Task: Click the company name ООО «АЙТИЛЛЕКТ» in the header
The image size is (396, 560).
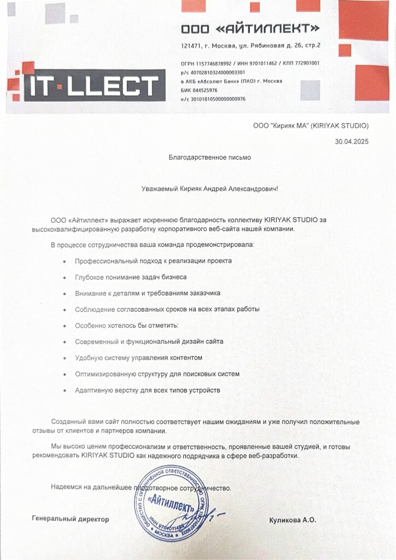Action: coord(250,28)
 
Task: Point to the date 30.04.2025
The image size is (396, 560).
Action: coord(352,142)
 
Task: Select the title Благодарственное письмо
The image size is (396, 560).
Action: coord(209,157)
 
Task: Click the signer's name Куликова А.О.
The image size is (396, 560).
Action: coord(293,520)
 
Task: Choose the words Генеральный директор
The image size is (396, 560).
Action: coord(71,519)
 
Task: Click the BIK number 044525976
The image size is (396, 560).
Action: coord(206,90)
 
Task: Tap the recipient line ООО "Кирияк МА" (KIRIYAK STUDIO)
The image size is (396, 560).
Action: coord(311,125)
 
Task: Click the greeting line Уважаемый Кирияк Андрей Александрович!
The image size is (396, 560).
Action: coord(209,189)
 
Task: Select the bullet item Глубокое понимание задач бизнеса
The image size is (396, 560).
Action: coord(131,277)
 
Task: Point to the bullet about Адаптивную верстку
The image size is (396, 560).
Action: coord(148,390)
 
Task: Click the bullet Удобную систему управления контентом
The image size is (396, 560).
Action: coord(139,358)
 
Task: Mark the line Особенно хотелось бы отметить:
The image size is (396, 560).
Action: coord(127,325)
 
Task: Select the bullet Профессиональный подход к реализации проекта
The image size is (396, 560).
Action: coord(153,261)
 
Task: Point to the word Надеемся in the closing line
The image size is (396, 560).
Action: coord(64,487)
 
